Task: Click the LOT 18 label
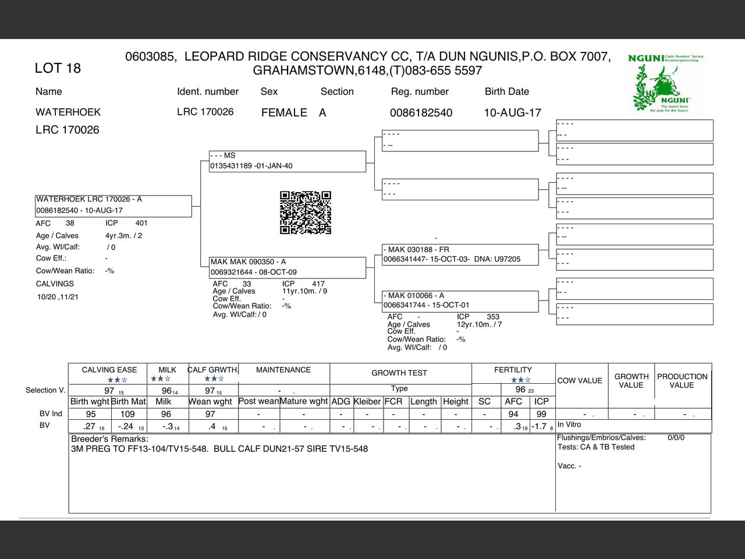pyautogui.click(x=58, y=68)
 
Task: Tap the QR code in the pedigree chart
pyautogui.click(x=306, y=213)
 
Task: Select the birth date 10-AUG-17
pyautogui.click(x=512, y=112)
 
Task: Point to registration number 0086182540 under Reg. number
pyautogui.click(x=421, y=112)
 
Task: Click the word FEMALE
pyautogui.click(x=284, y=112)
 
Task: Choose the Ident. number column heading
pyautogui.click(x=208, y=91)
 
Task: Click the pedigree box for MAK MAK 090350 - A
pyautogui.click(x=288, y=267)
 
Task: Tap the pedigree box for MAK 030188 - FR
pyautogui.click(x=460, y=254)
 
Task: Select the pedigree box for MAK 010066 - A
pyautogui.click(x=460, y=300)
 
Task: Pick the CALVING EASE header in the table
pyautogui.click(x=109, y=370)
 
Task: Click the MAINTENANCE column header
pyautogui.click(x=283, y=370)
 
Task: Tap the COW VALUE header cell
pyautogui.click(x=580, y=381)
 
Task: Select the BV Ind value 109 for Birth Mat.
pyautogui.click(x=127, y=414)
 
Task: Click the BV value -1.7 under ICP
pyautogui.click(x=540, y=426)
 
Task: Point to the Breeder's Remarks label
pyautogui.click(x=109, y=438)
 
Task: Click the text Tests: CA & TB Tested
pyautogui.click(x=596, y=447)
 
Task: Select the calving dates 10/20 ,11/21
pyautogui.click(x=58, y=297)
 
